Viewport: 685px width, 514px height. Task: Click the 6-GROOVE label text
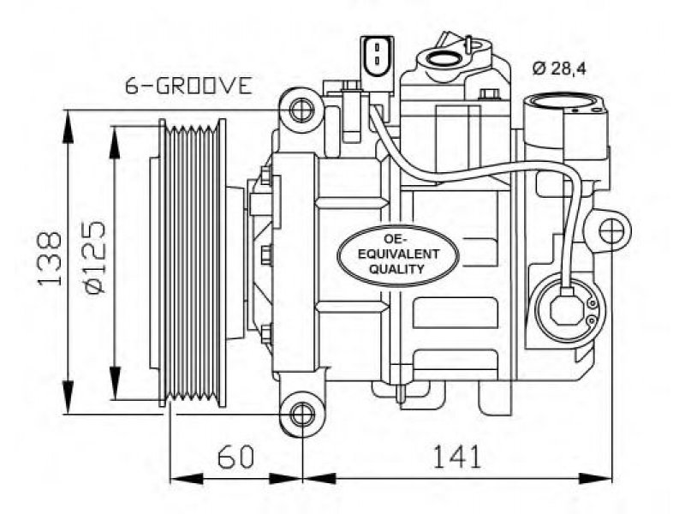(188, 86)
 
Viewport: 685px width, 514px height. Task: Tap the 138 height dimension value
(50, 260)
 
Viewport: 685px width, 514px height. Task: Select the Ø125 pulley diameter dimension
(94, 256)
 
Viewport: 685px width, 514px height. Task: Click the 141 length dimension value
(457, 457)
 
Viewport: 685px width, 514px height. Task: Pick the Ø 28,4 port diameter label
(559, 69)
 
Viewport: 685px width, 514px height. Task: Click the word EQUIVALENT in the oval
(398, 254)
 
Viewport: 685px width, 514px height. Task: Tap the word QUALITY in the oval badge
(396, 269)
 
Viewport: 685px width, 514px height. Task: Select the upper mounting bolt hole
(302, 110)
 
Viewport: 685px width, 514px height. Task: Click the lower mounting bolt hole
(302, 415)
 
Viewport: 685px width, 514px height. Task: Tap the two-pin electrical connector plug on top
(377, 57)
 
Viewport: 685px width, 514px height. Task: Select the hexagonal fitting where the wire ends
(567, 308)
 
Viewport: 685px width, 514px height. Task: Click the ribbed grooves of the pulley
(192, 263)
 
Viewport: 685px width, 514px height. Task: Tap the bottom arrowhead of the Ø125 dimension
(115, 382)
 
